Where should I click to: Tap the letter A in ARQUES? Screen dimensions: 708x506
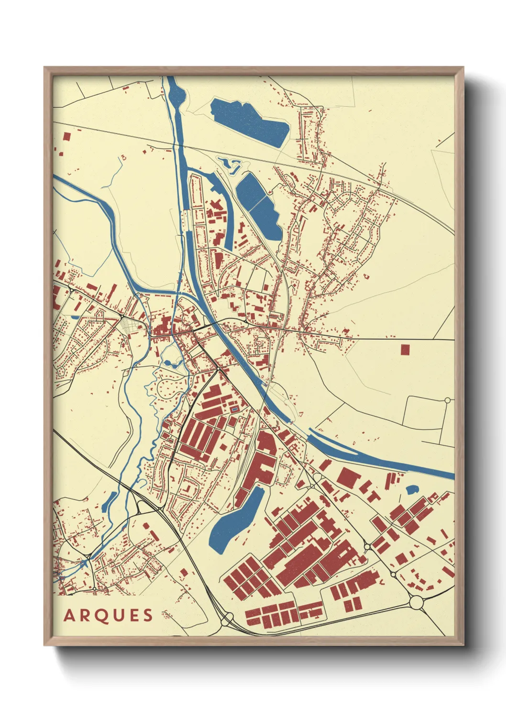pyautogui.click(x=69, y=616)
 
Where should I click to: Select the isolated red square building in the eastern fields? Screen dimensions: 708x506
pyautogui.click(x=405, y=350)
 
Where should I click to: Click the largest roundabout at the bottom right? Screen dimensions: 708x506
pyautogui.click(x=417, y=602)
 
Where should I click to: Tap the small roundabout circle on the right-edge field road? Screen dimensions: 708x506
pyautogui.click(x=448, y=400)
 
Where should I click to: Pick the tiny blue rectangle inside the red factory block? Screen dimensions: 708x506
pyautogui.click(x=234, y=409)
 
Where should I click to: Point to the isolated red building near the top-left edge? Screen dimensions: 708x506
pyautogui.click(x=66, y=136)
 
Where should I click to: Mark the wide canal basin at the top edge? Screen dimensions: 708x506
pyautogui.click(x=173, y=88)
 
